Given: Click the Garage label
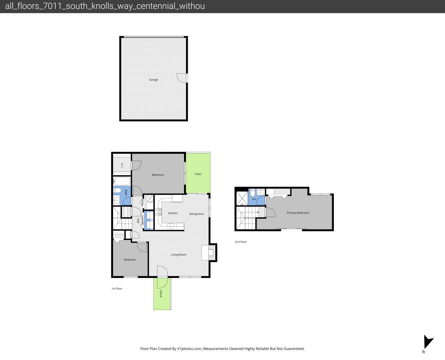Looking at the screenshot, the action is [153, 80].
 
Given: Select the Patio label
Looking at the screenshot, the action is [198, 174].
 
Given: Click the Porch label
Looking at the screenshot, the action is [161, 294].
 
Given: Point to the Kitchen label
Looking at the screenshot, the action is [173, 213].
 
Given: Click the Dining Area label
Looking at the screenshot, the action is [196, 214].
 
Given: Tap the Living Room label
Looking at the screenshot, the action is [179, 254].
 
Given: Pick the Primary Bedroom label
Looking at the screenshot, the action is [298, 213].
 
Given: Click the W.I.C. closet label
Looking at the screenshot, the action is [122, 165].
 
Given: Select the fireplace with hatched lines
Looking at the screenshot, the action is [212, 253].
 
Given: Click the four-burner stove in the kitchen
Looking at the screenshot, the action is [158, 212].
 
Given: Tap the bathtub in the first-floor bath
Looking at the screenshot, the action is [122, 181].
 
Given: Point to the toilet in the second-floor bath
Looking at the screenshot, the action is [253, 193].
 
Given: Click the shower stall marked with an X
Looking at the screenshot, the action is [242, 198].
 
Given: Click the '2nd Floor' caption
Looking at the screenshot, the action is [241, 242].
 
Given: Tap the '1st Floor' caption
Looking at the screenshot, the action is [117, 289].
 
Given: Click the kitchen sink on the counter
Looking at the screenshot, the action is [171, 226].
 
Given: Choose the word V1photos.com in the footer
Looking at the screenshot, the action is [189, 349].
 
